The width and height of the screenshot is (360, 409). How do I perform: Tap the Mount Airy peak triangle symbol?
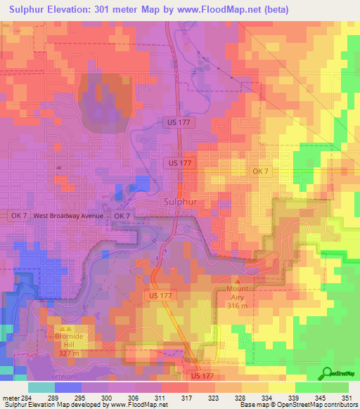point(236,280)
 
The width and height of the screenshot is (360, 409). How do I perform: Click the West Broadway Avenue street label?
point(67,216)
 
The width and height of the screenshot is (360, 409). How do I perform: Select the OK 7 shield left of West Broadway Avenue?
point(18,216)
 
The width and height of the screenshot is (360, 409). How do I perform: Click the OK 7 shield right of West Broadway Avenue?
point(121,216)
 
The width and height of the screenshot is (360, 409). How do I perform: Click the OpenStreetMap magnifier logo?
point(327,373)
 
